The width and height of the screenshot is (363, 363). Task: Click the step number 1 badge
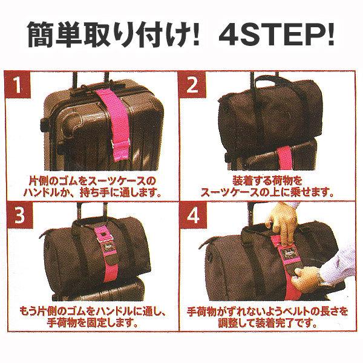(23, 86)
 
